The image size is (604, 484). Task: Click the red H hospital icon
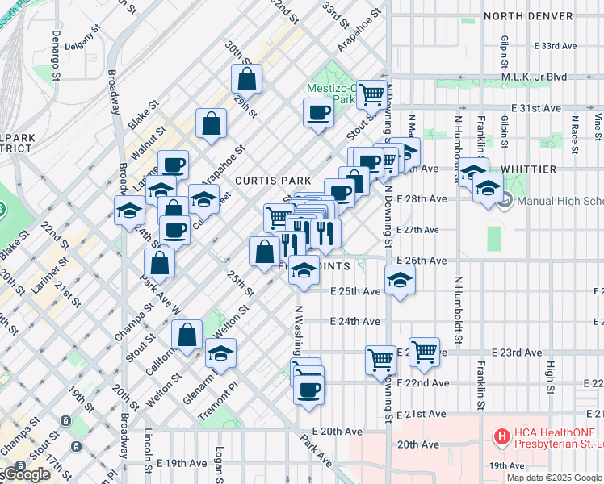coord(501,437)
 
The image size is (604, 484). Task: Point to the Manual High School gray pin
coord(506,200)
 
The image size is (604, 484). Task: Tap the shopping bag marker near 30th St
coord(246,80)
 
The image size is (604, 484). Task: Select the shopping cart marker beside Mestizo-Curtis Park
coord(371,94)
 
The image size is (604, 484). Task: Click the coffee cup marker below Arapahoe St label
coord(318,113)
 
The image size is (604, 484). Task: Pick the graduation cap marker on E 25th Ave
coord(399,281)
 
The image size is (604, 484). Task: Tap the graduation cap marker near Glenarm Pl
coord(220,353)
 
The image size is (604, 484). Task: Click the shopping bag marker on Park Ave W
coord(160,262)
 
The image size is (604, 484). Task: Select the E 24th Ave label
coord(355,321)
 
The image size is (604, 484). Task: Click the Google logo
coord(27,474)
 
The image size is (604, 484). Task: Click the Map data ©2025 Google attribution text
coord(555,478)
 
